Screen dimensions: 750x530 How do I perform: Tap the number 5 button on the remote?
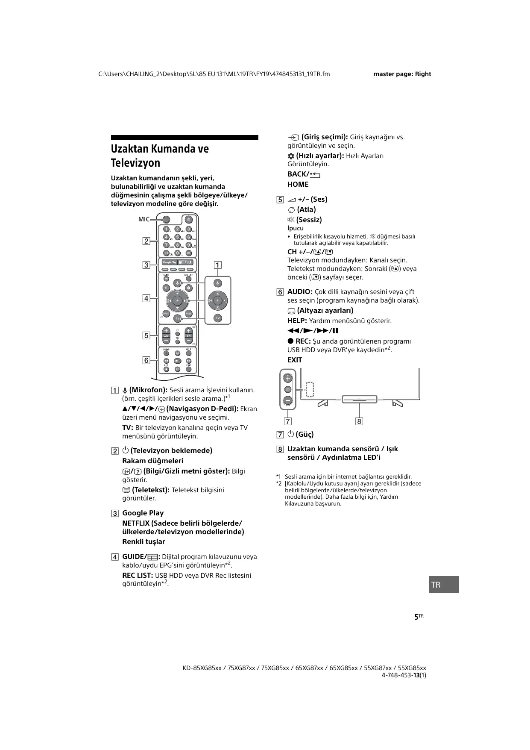click(178, 237)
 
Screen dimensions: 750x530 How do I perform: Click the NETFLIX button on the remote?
click(185, 262)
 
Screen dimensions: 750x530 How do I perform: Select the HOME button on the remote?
click(188, 313)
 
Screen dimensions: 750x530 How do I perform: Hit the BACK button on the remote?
click(167, 313)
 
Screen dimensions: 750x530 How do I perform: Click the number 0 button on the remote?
click(178, 253)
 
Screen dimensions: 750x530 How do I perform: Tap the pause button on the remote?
click(178, 369)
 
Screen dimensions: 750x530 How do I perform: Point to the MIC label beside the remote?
click(144, 219)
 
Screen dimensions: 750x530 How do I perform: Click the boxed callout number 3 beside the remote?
click(146, 265)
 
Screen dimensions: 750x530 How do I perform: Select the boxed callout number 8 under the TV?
click(359, 421)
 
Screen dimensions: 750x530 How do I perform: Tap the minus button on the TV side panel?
click(288, 400)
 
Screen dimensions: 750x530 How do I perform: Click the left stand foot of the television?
click(323, 403)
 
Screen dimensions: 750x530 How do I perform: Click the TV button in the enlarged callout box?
click(218, 318)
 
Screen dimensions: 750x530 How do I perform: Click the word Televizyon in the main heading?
click(135, 163)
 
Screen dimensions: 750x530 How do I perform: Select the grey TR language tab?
click(444, 584)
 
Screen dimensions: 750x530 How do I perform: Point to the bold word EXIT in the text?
click(295, 360)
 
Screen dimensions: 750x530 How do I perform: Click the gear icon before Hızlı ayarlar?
click(291, 156)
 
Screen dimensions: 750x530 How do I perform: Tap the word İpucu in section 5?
click(296, 228)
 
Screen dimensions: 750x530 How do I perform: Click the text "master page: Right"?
click(402, 74)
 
